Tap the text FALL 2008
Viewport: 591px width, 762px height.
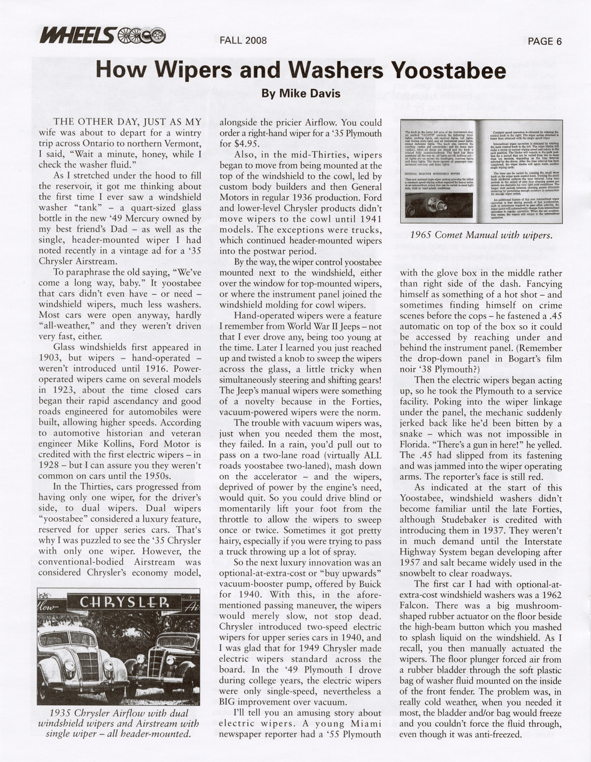click(x=243, y=40)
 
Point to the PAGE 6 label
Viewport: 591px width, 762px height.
click(x=545, y=41)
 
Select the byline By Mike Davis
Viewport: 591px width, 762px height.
click(x=300, y=93)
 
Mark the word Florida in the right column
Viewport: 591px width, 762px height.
click(x=416, y=444)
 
